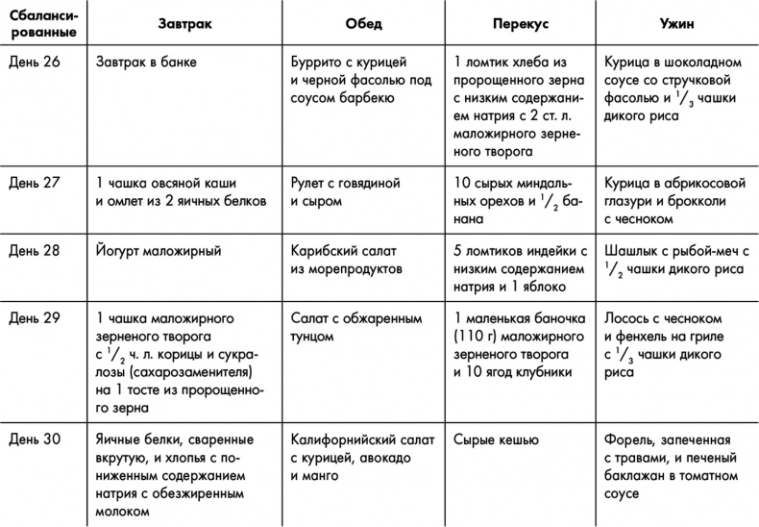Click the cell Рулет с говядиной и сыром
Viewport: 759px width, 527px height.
coord(345,191)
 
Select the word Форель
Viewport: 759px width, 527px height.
coord(627,439)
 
